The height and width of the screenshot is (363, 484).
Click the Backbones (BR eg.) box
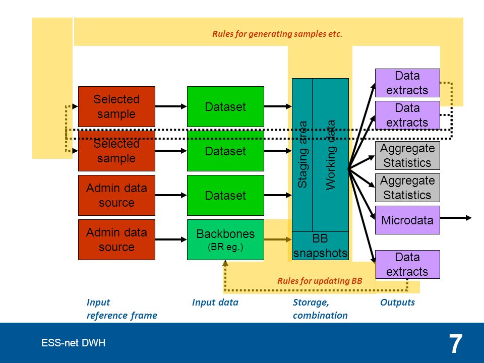pyautogui.click(x=225, y=239)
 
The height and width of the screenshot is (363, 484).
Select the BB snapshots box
pyautogui.click(x=320, y=246)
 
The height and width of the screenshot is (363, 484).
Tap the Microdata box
pyautogui.click(x=407, y=220)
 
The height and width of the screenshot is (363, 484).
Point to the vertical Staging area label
pyautogui.click(x=302, y=154)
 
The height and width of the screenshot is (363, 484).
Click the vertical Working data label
pyautogui.click(x=331, y=155)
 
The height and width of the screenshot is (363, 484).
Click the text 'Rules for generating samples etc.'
pyautogui.click(x=277, y=34)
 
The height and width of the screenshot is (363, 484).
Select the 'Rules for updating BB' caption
pyautogui.click(x=320, y=281)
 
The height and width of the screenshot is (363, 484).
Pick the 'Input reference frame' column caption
pyautogui.click(x=122, y=309)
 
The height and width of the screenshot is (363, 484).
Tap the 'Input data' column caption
pyautogui.click(x=215, y=302)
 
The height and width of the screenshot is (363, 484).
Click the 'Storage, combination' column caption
pyautogui.click(x=320, y=309)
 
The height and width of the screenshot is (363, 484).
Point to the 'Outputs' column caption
pyautogui.click(x=398, y=302)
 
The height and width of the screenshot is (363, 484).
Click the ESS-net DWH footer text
pyautogui.click(x=74, y=343)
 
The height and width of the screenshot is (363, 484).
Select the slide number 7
pyautogui.click(x=456, y=344)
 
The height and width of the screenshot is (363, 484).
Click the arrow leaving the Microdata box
pyautogui.click(x=456, y=218)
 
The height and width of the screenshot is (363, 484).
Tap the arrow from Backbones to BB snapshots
pyautogui.click(x=278, y=239)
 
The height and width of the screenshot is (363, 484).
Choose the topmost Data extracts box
pyautogui.click(x=407, y=83)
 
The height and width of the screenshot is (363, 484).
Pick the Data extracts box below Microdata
pyautogui.click(x=407, y=265)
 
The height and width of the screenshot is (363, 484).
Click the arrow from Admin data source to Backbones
pyautogui.click(x=171, y=239)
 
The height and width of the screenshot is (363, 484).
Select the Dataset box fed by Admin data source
pyautogui.click(x=225, y=195)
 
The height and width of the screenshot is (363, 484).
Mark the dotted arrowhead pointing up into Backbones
pyautogui.click(x=225, y=263)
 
